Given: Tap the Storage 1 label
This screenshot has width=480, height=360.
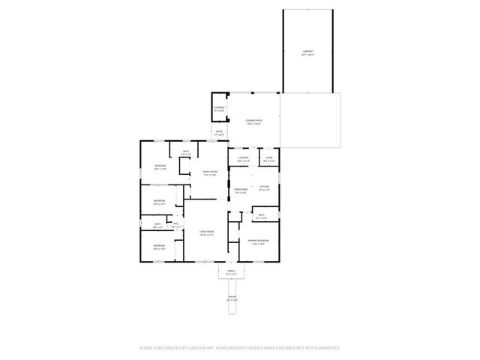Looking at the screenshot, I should (x=219, y=108).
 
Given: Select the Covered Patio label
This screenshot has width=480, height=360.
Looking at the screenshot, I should (x=253, y=120).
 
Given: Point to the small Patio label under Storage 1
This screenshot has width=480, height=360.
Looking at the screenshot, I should (x=220, y=132).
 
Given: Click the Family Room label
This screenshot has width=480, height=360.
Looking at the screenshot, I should (x=209, y=172).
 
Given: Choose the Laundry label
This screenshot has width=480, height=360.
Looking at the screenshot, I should (x=243, y=157).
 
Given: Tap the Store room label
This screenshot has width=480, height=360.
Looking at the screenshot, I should (x=268, y=157).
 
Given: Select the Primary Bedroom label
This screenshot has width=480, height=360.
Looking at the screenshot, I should (x=259, y=240).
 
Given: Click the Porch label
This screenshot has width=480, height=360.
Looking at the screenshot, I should (x=231, y=271).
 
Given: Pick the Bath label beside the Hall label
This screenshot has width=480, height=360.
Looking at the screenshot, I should (x=158, y=223).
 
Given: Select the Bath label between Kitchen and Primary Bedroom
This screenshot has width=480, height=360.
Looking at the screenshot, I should (x=262, y=215).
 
